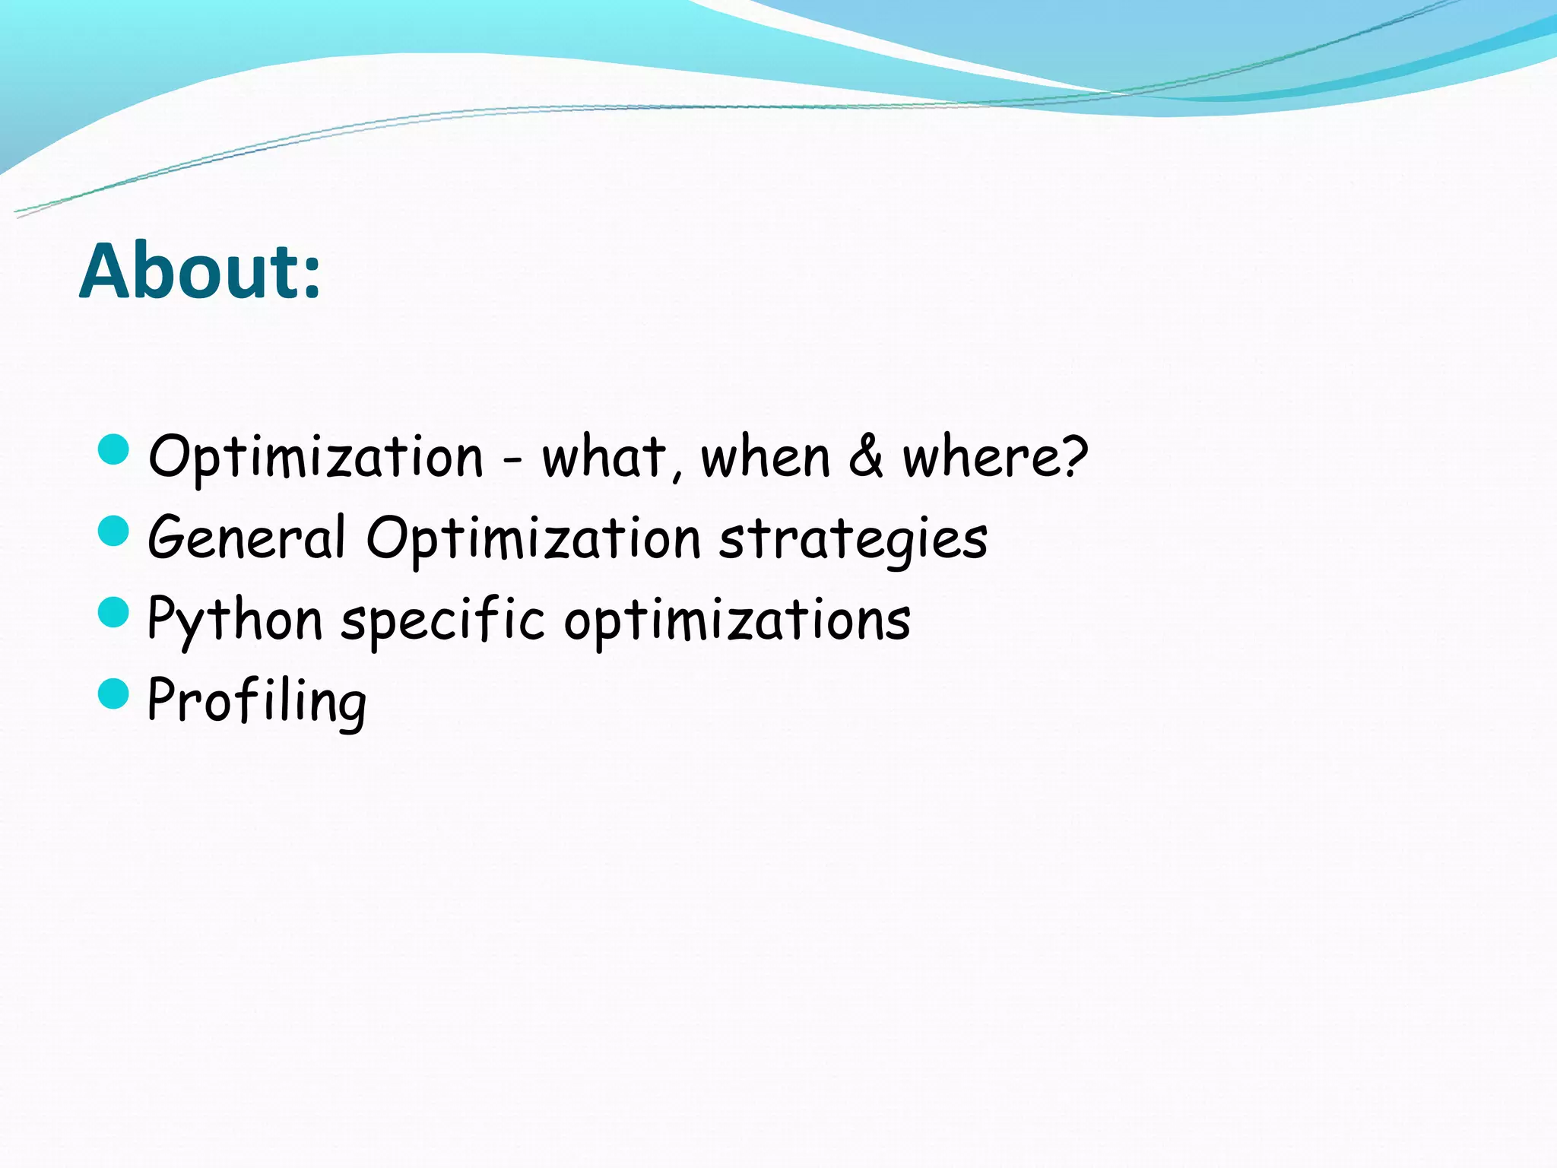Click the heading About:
[200, 271]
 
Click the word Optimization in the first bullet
[316, 458]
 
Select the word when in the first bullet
[765, 458]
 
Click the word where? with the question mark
[994, 458]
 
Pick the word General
[246, 537]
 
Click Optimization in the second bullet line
[533, 538]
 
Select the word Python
[235, 620]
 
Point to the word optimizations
[737, 620]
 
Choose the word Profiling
[257, 701]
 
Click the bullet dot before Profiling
[114, 693]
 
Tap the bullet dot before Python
[114, 612]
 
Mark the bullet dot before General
[114, 531]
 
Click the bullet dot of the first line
[114, 449]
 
